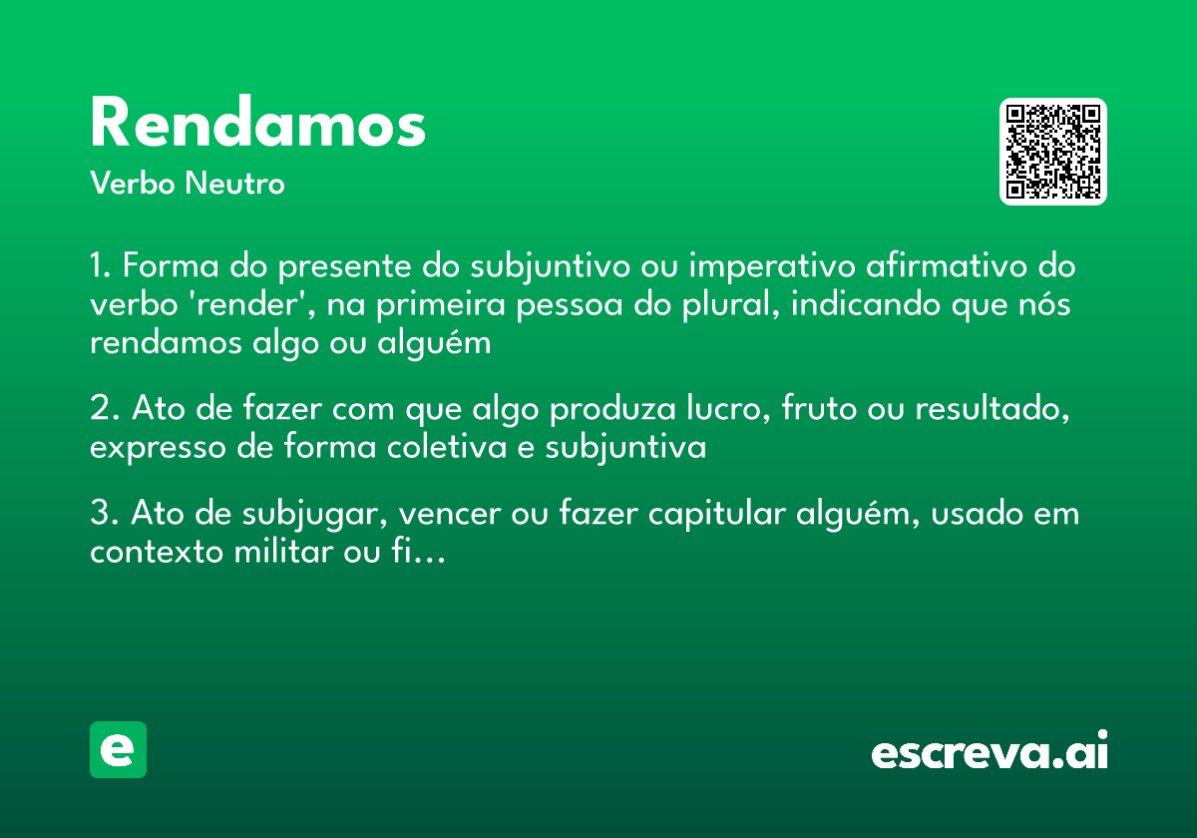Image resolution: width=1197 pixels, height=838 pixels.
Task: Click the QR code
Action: click(1053, 152)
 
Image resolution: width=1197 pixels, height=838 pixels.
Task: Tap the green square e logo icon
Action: click(118, 749)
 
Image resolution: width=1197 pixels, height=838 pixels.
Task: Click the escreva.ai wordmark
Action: click(990, 751)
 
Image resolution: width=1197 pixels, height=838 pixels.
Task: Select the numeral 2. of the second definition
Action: click(103, 409)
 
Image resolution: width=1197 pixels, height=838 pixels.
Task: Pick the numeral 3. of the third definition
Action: click(103, 514)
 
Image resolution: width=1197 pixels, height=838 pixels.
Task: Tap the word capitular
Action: click(716, 516)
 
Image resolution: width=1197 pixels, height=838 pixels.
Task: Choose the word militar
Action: click(275, 552)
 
